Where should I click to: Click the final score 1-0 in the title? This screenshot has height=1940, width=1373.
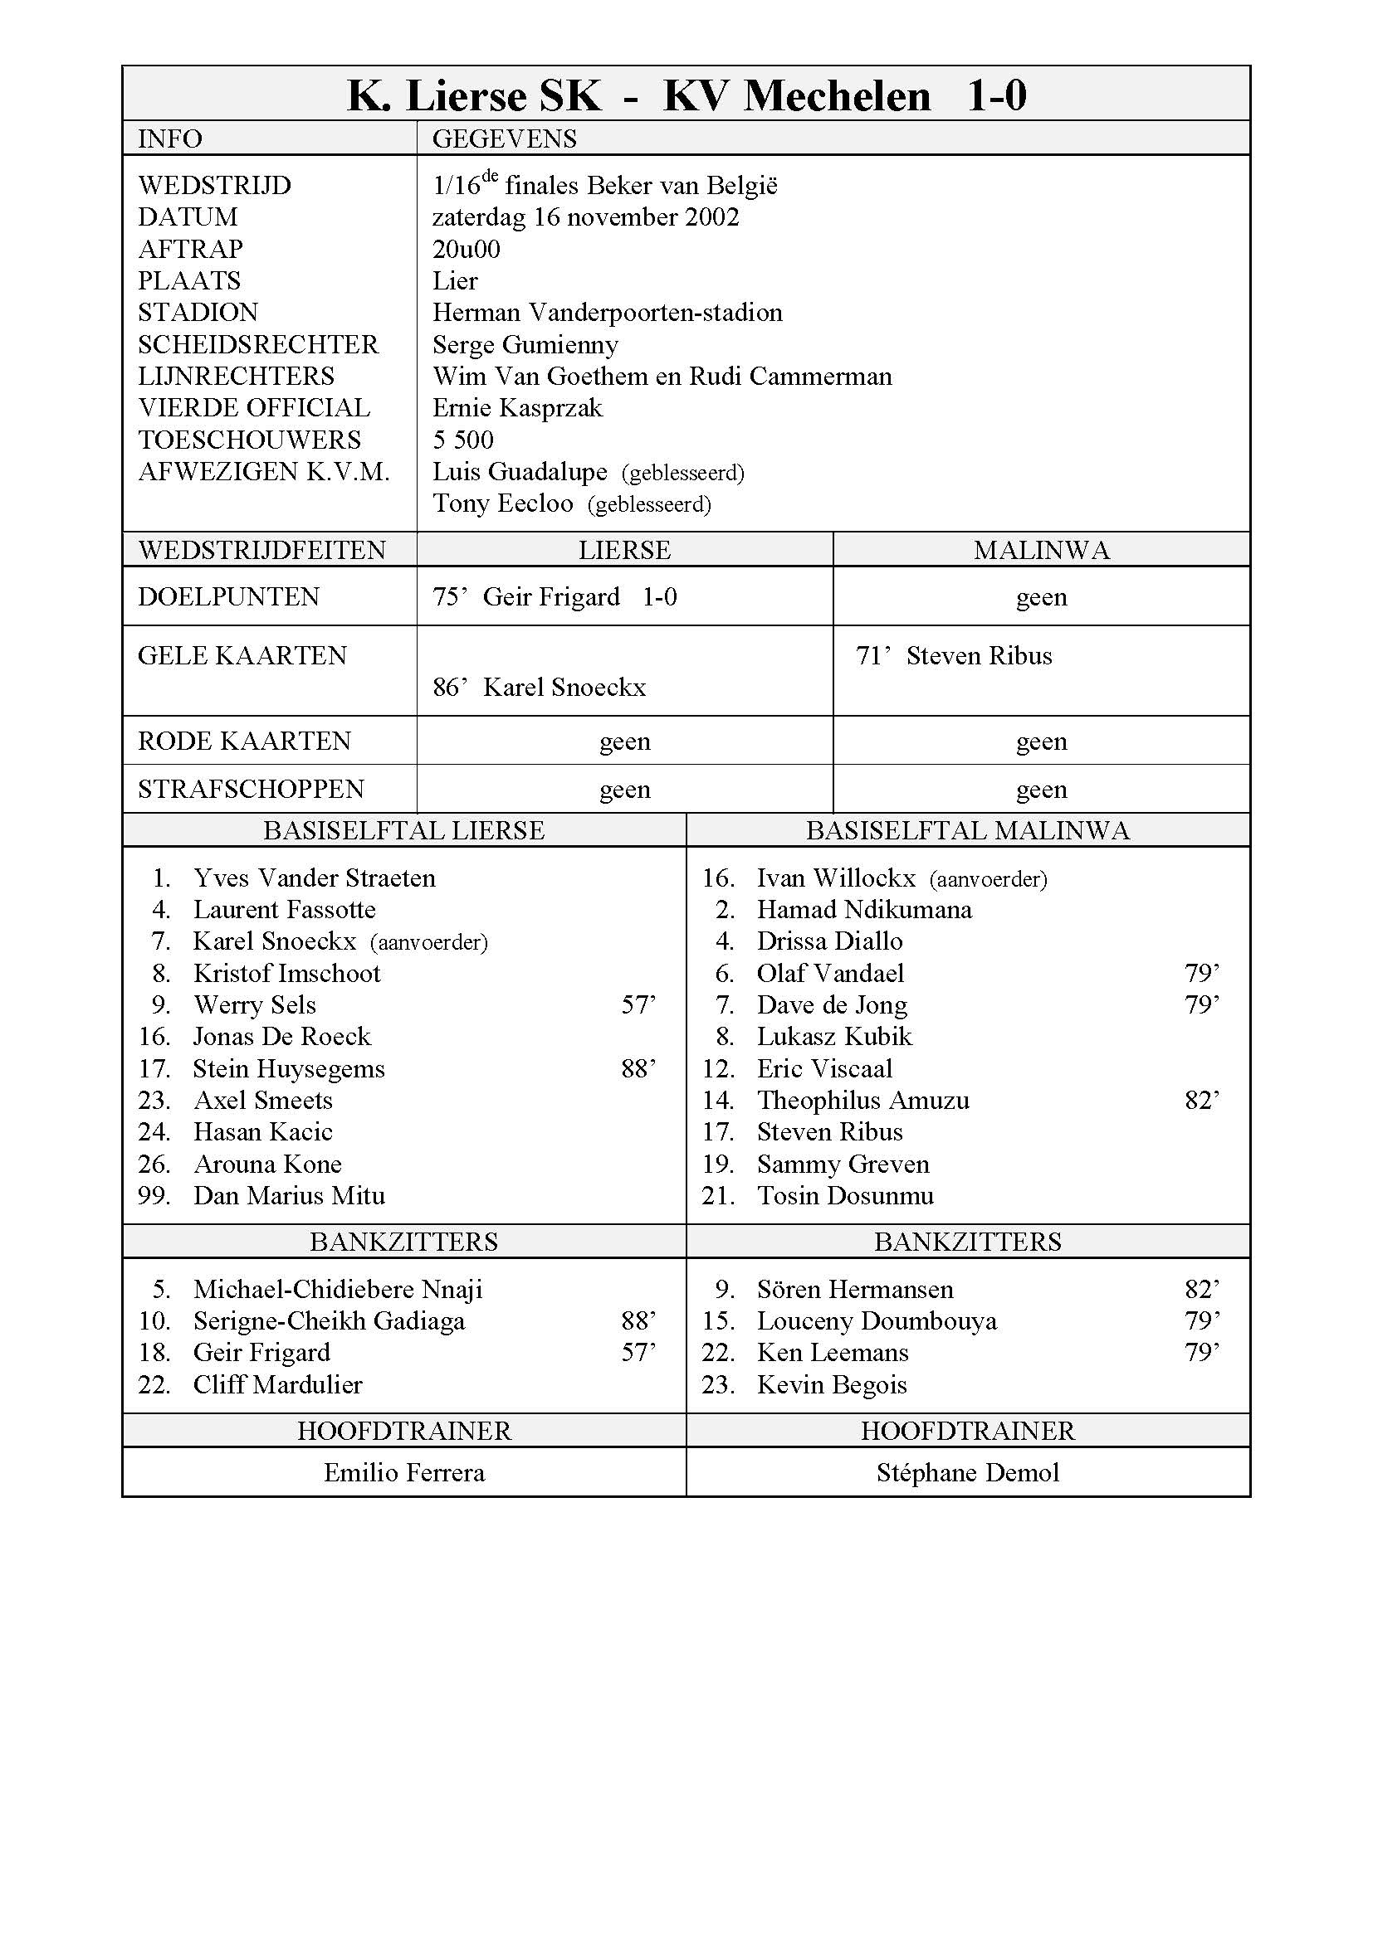[996, 96]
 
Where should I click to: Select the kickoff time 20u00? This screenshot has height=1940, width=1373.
[466, 250]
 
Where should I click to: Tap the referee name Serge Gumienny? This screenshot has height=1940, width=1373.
[525, 345]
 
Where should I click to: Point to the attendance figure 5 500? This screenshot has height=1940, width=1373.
[462, 440]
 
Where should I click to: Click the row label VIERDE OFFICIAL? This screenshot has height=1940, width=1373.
[254, 408]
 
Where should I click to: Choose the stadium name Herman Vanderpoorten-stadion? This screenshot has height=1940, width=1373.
[607, 313]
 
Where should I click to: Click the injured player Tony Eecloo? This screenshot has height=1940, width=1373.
[502, 503]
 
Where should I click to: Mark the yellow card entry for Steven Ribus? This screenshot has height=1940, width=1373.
[954, 657]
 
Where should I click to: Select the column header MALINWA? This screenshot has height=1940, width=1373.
[1041, 551]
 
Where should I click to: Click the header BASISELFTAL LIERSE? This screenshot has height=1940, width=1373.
[403, 830]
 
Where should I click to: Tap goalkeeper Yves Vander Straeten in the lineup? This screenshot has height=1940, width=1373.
[314, 878]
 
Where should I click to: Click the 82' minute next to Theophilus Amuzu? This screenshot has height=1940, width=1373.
[1201, 1101]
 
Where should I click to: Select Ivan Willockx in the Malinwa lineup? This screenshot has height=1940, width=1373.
[835, 878]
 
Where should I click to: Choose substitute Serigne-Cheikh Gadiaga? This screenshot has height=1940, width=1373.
[329, 1321]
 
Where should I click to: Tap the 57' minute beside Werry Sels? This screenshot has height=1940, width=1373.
[638, 1005]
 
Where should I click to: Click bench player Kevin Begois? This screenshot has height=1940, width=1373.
[831, 1385]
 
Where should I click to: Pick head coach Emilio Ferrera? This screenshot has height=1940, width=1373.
[404, 1474]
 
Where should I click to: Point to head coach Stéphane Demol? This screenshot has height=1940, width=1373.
[967, 1474]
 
